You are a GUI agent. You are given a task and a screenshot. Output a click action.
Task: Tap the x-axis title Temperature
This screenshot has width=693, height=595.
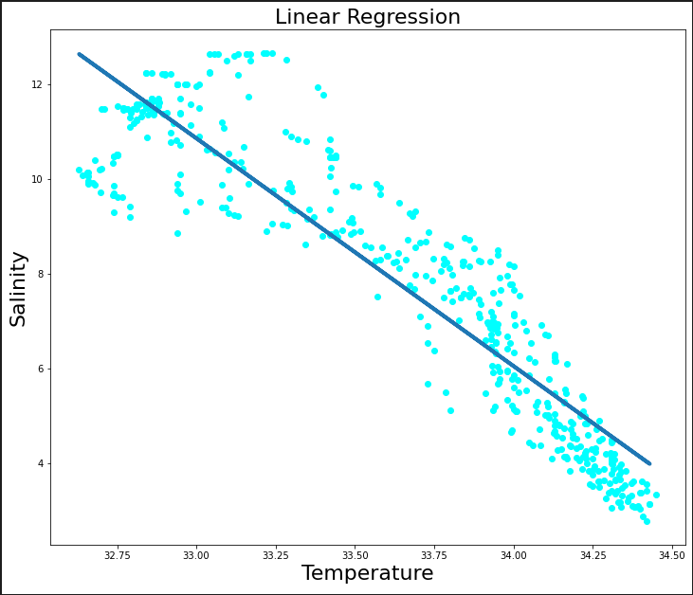pos(367,573)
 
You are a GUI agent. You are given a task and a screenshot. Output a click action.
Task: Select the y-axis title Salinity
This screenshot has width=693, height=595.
pos(19,289)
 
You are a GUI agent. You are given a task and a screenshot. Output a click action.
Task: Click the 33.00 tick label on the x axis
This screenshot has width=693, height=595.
pos(196,553)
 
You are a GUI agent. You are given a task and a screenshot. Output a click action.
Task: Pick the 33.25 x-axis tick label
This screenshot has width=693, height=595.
pos(276,553)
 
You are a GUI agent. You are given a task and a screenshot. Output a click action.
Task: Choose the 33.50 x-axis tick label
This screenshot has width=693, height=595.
pos(356,553)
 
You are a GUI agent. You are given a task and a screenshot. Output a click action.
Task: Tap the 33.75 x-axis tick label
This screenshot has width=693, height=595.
pos(434,553)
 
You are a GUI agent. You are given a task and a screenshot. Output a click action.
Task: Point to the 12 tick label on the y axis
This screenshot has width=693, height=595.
pos(37,84)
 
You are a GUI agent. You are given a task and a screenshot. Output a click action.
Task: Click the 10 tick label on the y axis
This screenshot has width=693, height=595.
pos(37,179)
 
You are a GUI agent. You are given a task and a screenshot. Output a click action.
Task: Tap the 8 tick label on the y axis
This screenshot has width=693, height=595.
pos(40,274)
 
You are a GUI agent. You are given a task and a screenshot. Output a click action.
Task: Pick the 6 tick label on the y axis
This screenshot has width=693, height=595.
pos(40,369)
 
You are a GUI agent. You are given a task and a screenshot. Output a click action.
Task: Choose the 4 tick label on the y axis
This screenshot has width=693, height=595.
pos(40,463)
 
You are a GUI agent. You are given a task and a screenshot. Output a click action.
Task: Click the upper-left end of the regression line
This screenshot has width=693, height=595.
pos(80,54)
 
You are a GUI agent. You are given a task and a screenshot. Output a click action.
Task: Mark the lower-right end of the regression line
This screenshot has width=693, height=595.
pos(648,463)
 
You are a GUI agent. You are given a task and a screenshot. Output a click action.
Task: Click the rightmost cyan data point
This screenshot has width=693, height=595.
pos(656,495)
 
